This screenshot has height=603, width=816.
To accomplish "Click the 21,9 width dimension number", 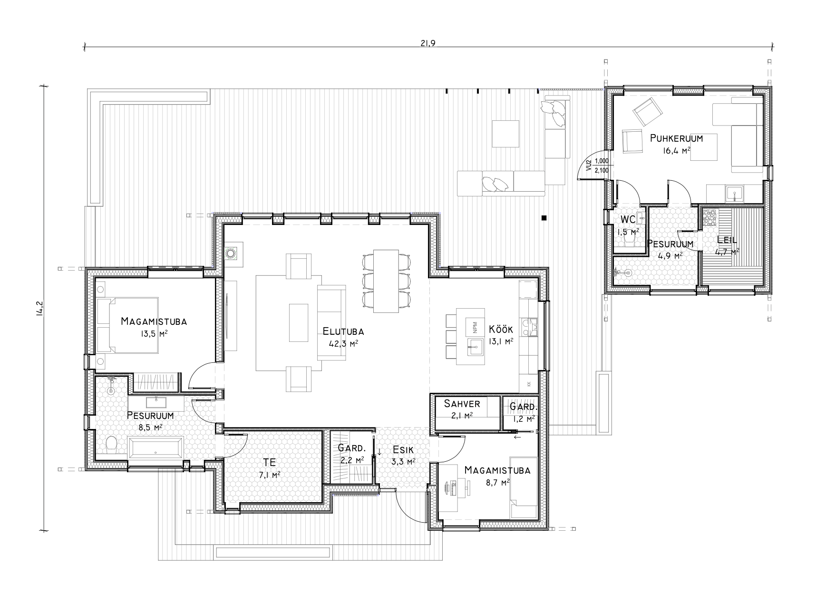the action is (428, 43).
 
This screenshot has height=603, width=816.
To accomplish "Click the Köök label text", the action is (501, 329).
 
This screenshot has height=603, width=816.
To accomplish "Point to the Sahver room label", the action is (462, 404).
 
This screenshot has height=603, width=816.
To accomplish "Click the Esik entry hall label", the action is (403, 450).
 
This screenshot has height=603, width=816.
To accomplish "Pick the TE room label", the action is (269, 462).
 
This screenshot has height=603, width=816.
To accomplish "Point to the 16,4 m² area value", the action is (676, 151).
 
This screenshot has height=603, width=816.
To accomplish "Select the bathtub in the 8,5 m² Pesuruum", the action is (156, 448).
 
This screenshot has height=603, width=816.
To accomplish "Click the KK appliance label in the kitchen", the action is (529, 383).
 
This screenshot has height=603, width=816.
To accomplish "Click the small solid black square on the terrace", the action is (544, 218).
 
